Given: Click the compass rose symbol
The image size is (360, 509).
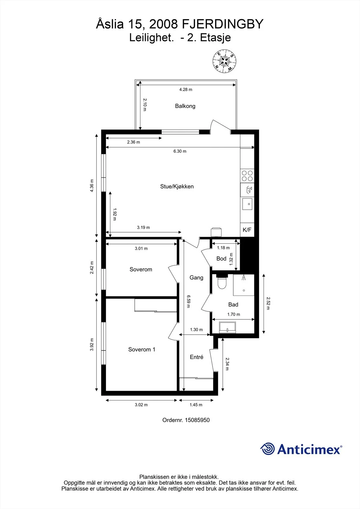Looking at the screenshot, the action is (x=224, y=61).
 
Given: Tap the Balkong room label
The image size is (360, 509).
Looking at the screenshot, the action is (x=185, y=106).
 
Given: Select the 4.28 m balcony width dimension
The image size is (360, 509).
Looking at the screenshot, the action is (x=186, y=89).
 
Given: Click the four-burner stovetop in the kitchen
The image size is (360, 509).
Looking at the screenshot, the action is (x=247, y=176).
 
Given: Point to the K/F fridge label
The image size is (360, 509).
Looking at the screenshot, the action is (x=247, y=230).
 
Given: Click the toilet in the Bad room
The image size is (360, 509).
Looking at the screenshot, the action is (x=222, y=282).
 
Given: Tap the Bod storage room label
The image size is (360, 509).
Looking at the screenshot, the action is (x=221, y=259).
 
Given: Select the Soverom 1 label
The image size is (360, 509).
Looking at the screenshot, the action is (x=142, y=350).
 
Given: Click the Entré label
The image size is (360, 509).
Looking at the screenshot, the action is (x=196, y=357).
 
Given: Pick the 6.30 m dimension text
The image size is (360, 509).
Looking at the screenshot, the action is (x=180, y=151).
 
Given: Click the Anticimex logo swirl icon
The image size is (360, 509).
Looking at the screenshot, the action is (x=267, y=449).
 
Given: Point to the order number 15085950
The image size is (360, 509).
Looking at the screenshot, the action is (x=197, y=420).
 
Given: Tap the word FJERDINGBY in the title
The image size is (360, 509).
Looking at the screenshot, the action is (x=222, y=24).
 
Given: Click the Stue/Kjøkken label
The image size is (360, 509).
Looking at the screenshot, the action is (x=177, y=186).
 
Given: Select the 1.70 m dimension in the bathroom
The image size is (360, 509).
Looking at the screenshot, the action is (x=234, y=314).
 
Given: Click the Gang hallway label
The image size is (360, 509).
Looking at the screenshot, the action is (x=196, y=277).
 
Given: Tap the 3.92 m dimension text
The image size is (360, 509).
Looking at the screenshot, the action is (x=92, y=345).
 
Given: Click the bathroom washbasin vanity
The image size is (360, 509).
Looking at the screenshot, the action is (x=227, y=328).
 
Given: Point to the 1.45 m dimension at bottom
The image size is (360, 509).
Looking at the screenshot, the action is (x=196, y=405).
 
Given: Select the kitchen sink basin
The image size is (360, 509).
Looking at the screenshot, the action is (x=247, y=204).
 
